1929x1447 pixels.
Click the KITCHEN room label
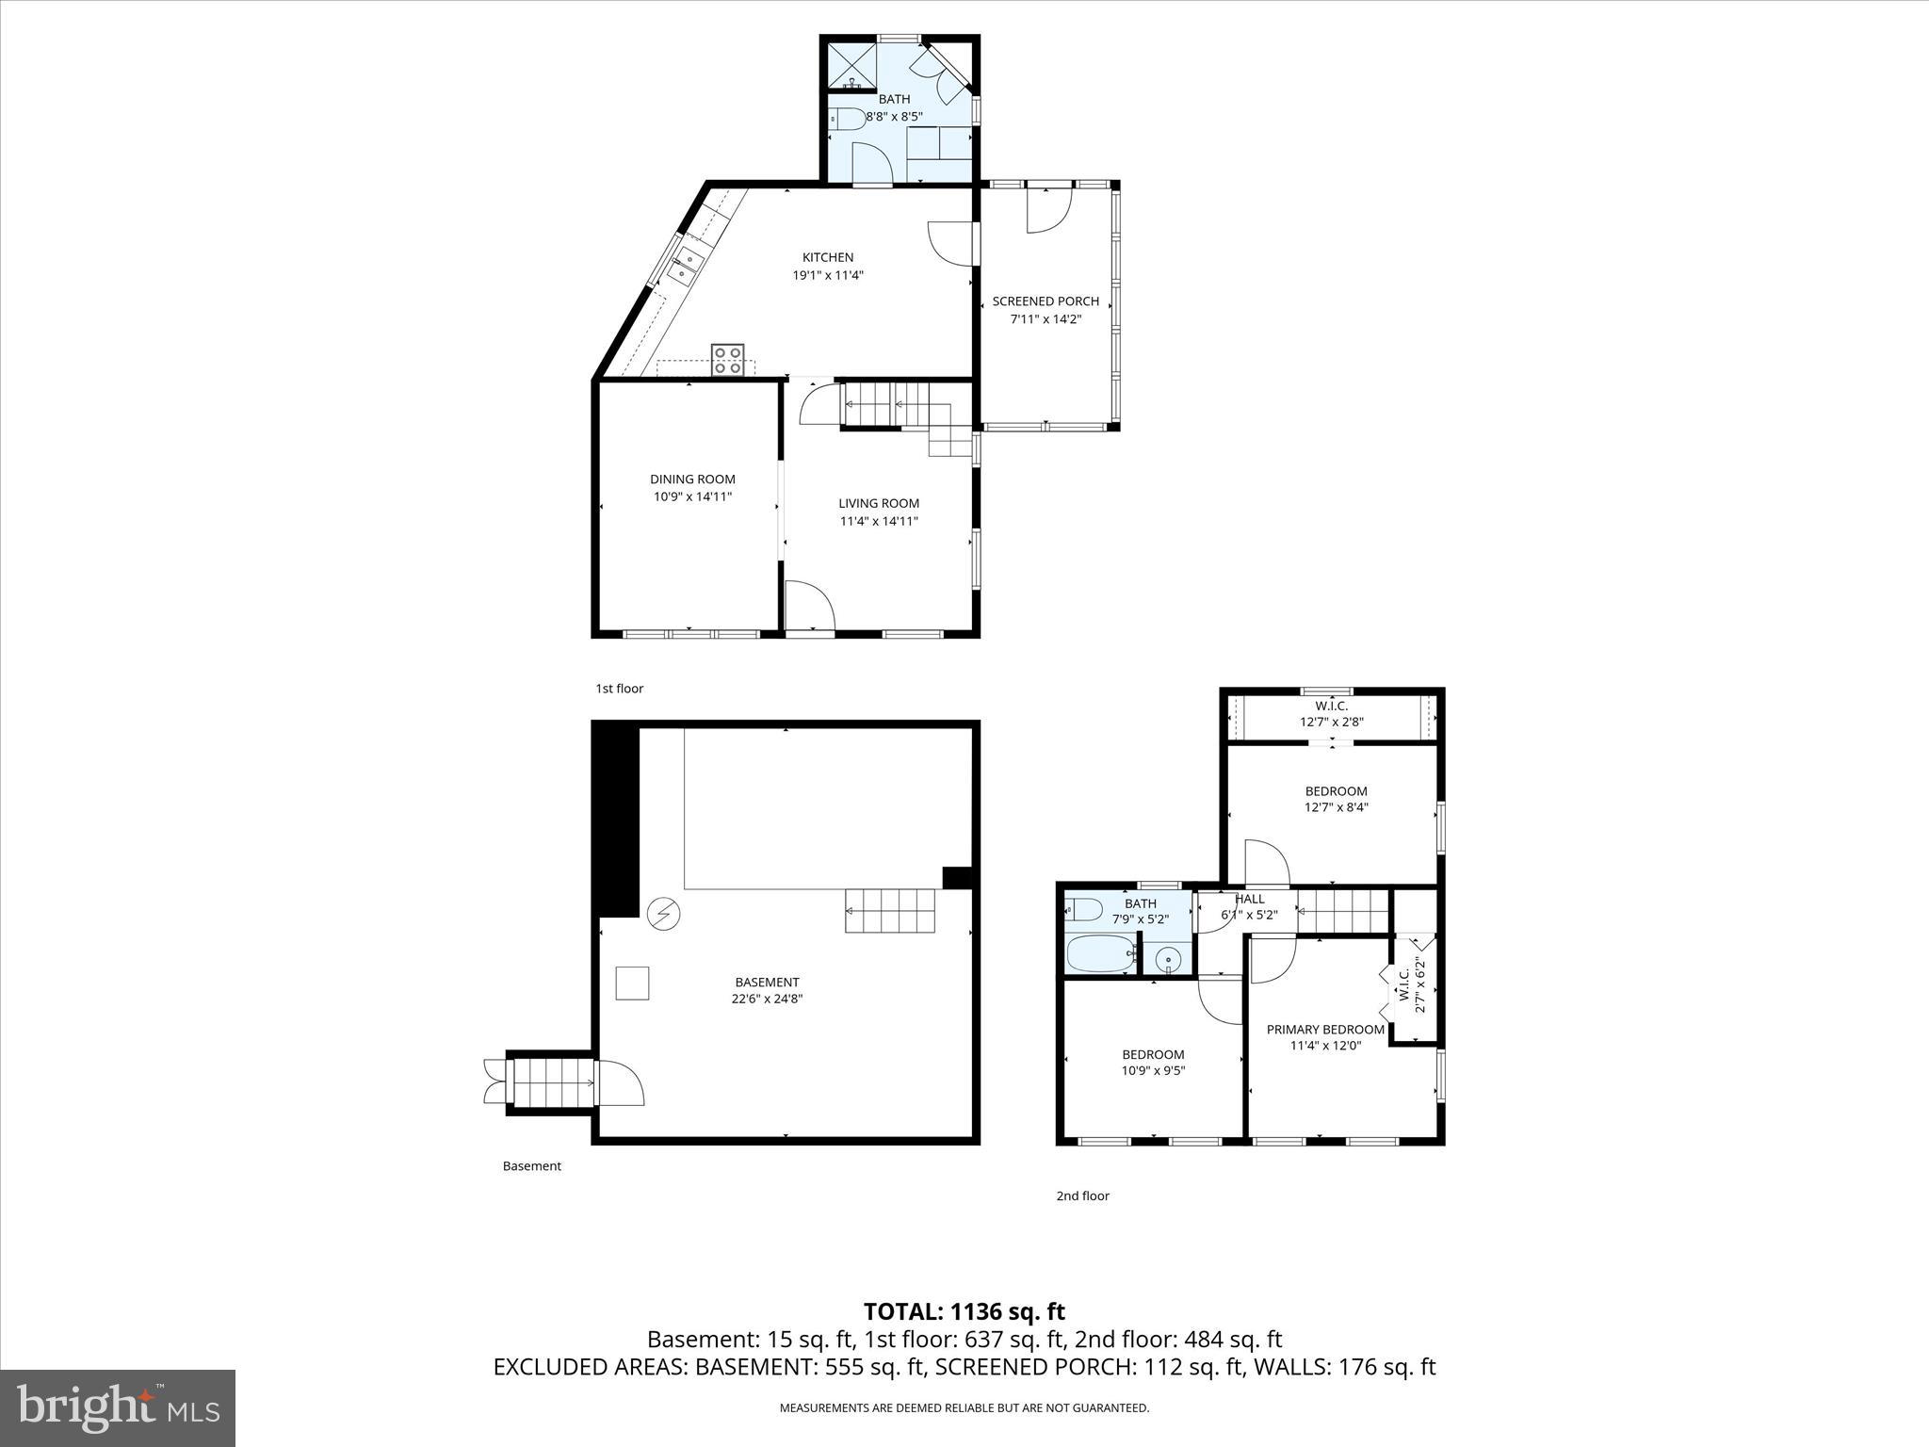click(827, 257)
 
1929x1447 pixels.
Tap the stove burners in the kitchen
click(727, 360)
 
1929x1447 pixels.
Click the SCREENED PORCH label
click(1046, 301)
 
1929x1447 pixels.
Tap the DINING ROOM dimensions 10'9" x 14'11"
click(692, 496)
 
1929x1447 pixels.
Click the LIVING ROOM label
click(879, 503)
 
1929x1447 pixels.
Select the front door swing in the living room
click(808, 605)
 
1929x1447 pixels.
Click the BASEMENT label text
click(767, 982)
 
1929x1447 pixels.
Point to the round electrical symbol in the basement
click(664, 913)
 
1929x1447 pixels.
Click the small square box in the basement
click(632, 983)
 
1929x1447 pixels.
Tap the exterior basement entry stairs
click(552, 1081)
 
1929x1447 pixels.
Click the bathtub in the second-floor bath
click(1100, 953)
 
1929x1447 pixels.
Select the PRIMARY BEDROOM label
click(1325, 1030)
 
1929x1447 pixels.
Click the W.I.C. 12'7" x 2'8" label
click(1331, 714)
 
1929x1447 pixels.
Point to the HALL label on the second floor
click(1249, 899)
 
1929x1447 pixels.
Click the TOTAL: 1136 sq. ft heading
click(964, 1311)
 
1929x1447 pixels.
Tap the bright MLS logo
click(118, 1407)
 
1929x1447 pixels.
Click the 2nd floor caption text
click(1082, 1195)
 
